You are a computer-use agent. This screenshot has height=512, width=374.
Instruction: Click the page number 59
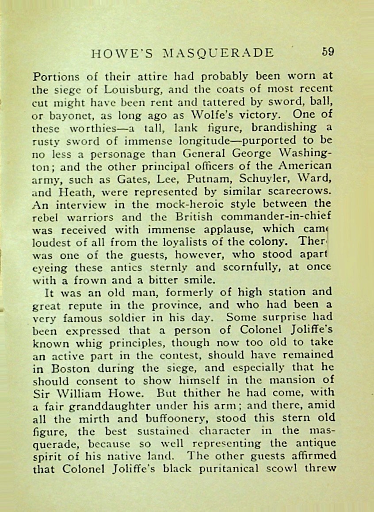pyautogui.click(x=328, y=52)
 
